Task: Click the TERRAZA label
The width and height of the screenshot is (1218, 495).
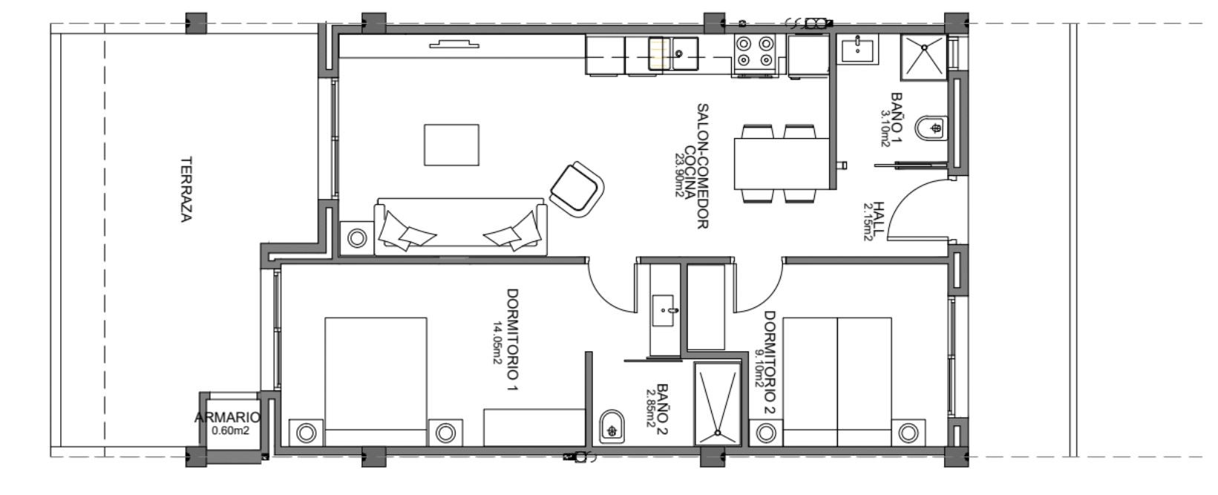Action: [x=186, y=189]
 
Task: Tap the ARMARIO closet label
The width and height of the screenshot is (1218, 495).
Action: [x=227, y=418]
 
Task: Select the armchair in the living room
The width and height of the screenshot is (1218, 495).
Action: [x=577, y=189]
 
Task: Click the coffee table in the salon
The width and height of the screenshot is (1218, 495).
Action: [x=451, y=145]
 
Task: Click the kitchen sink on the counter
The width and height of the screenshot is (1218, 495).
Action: [x=674, y=53]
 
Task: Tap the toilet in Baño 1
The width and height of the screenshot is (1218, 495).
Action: [x=931, y=128]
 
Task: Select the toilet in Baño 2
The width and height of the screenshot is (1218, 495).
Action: [x=612, y=427]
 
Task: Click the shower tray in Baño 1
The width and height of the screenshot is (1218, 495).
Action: [x=924, y=57]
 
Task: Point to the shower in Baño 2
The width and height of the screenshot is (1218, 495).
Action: [x=717, y=404]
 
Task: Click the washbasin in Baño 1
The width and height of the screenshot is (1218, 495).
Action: [x=857, y=50]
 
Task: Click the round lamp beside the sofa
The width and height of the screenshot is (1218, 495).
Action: [x=357, y=237]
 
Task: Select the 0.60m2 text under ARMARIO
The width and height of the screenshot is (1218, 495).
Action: [x=231, y=431]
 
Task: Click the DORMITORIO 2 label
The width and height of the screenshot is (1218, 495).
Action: [x=770, y=362]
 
